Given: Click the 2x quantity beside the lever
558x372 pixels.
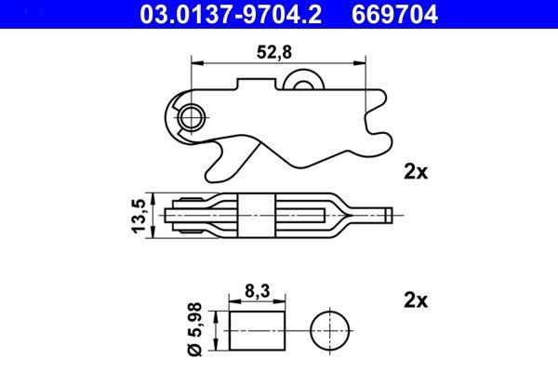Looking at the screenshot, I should tap(415, 171).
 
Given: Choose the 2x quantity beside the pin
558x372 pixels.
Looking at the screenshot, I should tap(415, 300).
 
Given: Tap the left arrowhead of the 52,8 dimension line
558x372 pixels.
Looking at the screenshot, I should tap(195, 62).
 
